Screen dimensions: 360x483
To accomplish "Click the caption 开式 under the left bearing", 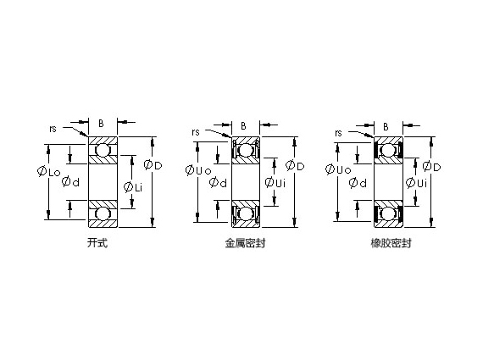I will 97,243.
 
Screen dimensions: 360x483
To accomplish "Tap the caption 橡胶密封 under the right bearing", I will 387,243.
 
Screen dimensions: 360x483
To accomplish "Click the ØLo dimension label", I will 48,172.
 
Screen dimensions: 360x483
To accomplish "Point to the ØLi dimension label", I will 133,186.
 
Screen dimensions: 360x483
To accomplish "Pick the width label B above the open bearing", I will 102,123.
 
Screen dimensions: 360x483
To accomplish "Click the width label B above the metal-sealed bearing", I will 244,126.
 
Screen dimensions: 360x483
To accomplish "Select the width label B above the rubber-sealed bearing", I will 386,126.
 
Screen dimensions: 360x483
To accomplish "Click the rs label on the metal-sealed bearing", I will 197,131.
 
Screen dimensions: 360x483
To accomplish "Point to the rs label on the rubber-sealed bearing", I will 339,133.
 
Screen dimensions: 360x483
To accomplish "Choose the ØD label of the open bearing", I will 153,163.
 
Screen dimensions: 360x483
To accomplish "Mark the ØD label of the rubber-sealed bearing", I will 431,166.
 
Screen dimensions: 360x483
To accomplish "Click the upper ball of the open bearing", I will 103,152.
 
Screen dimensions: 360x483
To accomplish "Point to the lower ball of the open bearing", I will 103,212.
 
